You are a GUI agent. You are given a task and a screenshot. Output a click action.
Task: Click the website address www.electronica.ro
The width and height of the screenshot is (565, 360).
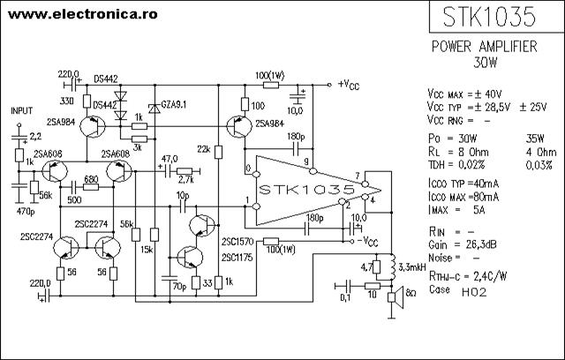[82, 14]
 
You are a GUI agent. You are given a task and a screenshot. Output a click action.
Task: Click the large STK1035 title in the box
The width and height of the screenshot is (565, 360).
[489, 17]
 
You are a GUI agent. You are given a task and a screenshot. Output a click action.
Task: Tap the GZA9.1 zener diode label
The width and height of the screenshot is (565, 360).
[174, 104]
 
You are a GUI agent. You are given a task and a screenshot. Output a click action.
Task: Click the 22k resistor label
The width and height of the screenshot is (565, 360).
[204, 149]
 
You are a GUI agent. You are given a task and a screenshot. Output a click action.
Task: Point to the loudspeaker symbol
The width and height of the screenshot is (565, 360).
[395, 297]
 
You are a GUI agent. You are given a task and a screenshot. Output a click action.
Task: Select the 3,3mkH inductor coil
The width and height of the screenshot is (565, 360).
[393, 266]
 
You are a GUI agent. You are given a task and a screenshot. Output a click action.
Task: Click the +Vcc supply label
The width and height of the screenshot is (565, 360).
[349, 85]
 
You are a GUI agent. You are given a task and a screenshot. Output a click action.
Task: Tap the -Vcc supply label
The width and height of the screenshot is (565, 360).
[367, 242]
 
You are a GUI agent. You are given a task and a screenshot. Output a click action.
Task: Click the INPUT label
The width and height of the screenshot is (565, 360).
[21, 111]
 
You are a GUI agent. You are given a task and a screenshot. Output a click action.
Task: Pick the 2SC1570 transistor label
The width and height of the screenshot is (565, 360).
[237, 242]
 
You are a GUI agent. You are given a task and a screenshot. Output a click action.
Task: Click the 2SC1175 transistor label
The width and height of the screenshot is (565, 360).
[237, 258]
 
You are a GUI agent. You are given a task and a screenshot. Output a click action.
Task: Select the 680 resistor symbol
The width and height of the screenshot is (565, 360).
[91, 187]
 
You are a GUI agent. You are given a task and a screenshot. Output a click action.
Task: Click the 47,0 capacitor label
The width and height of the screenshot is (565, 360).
[169, 159]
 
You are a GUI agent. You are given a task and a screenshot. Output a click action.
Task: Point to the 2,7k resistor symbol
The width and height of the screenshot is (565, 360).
[185, 172]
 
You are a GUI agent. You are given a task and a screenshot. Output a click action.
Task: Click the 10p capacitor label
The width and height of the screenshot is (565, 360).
[183, 196]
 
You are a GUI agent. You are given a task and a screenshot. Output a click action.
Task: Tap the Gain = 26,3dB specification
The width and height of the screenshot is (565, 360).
[463, 244]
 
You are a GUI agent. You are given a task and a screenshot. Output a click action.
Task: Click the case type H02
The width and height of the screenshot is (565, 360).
[474, 292]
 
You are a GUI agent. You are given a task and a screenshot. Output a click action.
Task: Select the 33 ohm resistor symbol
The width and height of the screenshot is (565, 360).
[196, 282]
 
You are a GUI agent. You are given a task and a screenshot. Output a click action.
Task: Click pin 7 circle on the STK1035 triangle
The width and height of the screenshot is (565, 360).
[365, 184]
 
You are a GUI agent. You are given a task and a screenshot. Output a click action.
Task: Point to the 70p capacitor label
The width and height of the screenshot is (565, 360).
[179, 287]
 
